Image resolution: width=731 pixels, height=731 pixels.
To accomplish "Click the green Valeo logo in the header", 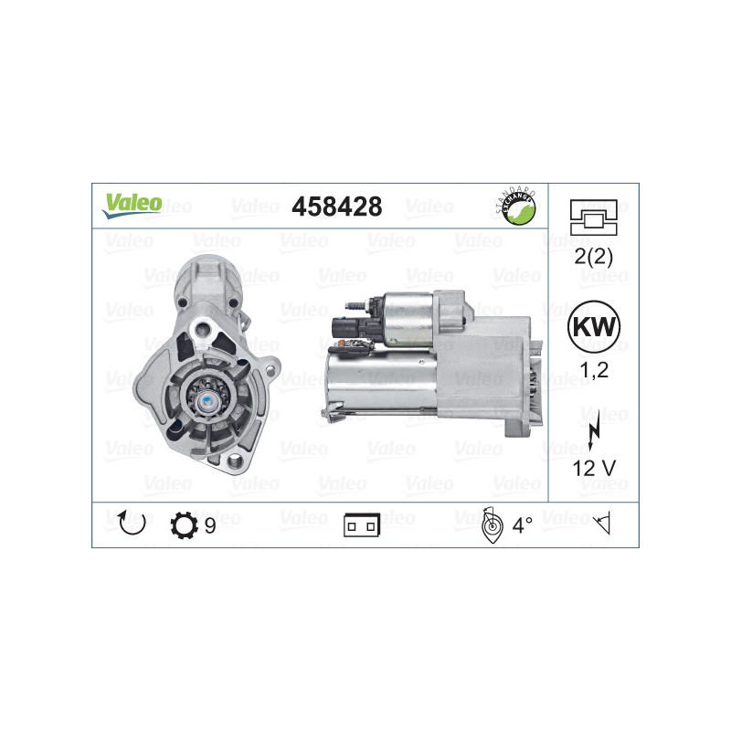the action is coord(132,206).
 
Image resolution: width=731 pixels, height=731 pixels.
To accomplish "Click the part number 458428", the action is coord(336,207).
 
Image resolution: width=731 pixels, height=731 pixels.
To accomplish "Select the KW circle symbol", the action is coord(593,326).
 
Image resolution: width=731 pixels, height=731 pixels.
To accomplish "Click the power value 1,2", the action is coord(594,370).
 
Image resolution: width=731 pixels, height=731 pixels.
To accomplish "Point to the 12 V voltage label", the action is coord(594,468).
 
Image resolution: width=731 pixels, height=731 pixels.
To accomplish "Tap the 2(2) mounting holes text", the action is coord(593,256).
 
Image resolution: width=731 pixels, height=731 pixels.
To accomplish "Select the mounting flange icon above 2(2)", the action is coord(593,217).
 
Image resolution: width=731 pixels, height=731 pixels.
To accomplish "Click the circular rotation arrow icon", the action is coord(132,523).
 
